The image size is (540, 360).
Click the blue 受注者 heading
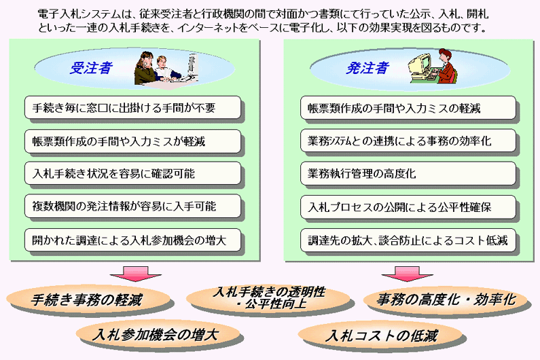click(x=91, y=68)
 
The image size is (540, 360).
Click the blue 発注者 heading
click(x=367, y=68)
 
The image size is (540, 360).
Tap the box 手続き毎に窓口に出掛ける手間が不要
click(x=132, y=108)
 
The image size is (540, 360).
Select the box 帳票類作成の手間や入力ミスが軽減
click(x=132, y=141)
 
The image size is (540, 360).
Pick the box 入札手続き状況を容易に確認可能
click(x=132, y=173)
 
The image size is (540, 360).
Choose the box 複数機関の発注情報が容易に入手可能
click(x=132, y=206)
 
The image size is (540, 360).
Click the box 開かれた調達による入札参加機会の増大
click(x=132, y=240)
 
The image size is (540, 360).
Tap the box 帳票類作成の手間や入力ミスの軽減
click(x=408, y=108)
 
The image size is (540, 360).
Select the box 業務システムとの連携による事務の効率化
click(x=408, y=141)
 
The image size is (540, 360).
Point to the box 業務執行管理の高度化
click(x=408, y=173)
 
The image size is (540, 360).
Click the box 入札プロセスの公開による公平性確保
click(x=408, y=207)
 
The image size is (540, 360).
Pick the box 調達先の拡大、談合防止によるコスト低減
click(x=408, y=240)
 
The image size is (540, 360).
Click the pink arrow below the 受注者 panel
click(x=135, y=274)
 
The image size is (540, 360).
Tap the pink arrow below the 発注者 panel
click(x=408, y=274)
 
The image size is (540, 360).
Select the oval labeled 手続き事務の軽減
click(x=88, y=299)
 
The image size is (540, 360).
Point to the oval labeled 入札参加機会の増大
click(x=158, y=334)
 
